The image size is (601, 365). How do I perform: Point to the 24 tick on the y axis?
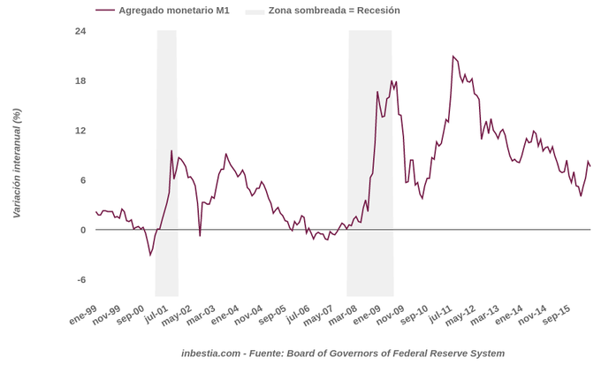(80, 32)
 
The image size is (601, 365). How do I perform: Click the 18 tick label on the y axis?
(80, 81)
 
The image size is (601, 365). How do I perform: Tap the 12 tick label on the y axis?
(80, 131)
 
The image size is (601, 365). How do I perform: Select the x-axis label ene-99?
(82, 315)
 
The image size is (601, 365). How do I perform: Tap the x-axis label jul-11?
(440, 314)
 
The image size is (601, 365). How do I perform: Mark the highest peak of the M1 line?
(453, 57)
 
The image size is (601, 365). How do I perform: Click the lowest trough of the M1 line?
(150, 255)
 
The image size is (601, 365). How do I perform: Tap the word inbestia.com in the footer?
(210, 354)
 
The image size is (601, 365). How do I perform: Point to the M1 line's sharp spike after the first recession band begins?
(171, 151)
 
